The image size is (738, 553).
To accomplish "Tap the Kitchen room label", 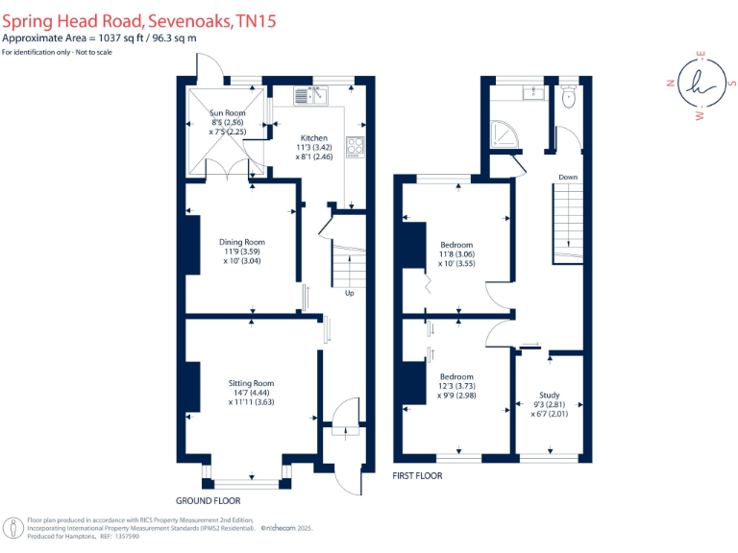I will tap(314, 138).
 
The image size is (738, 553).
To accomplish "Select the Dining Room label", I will tap(241, 242).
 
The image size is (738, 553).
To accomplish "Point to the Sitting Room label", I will tap(251, 383).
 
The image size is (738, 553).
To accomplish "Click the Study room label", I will tap(549, 395).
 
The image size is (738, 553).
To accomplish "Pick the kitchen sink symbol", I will tap(311, 94).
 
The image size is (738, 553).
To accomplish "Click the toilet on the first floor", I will tap(568, 97).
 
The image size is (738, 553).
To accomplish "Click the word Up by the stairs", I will tap(349, 294).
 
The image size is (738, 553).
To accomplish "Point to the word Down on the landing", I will tap(568, 177).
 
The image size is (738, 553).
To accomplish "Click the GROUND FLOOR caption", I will tap(208, 500).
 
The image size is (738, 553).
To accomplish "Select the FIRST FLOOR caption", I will tap(418, 475).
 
